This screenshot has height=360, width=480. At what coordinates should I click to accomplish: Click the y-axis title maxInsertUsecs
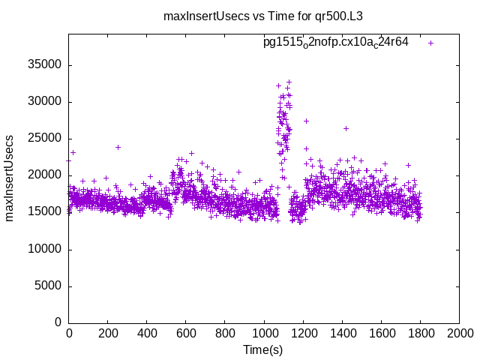[x=10, y=178]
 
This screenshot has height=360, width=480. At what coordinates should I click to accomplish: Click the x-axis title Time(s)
[x=263, y=349]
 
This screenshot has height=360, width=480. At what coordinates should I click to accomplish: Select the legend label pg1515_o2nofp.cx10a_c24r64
[x=335, y=42]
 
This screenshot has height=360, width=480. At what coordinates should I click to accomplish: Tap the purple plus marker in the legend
[x=431, y=43]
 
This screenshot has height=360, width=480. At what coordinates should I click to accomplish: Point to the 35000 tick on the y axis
[x=45, y=65]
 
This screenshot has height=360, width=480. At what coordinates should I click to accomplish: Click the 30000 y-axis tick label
[x=45, y=102]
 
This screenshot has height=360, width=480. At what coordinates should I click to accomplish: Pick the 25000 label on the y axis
[x=45, y=139]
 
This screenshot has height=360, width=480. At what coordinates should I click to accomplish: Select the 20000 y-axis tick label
[x=45, y=175]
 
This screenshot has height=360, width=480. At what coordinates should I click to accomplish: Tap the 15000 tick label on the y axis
[x=45, y=212]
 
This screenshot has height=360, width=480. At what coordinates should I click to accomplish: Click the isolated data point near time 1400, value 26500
[x=346, y=128]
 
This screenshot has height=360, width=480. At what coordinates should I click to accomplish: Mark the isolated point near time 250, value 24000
[x=118, y=147]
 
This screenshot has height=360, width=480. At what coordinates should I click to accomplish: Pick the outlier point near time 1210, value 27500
[x=306, y=121]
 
